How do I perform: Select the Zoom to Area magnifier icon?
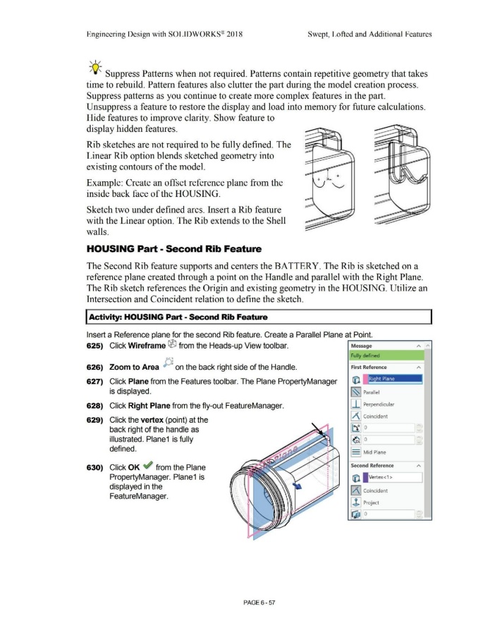tap(165, 364)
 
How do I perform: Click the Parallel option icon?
tap(357, 394)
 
